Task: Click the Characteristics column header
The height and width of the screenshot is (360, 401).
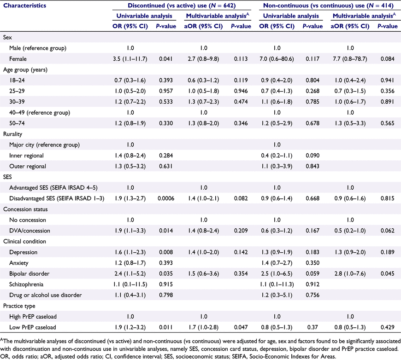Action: [x=24, y=6]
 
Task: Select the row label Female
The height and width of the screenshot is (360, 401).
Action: [x=18, y=59]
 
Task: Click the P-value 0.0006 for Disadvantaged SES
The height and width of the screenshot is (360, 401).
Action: [x=166, y=198]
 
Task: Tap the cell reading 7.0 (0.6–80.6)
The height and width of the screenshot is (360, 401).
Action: [x=277, y=59]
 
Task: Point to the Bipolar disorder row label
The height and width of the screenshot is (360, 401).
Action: [x=29, y=273]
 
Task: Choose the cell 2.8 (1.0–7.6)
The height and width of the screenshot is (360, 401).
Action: [x=350, y=273]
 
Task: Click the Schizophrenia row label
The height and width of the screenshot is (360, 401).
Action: [x=26, y=285]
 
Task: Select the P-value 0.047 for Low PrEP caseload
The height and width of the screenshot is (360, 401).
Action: [x=241, y=327]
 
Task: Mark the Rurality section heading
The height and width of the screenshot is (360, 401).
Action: [x=12, y=134]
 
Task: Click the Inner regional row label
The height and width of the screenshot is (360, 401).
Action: [x=26, y=155]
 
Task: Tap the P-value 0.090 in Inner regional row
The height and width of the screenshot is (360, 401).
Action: [x=313, y=155]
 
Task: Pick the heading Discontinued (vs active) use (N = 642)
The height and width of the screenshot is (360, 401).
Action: [x=182, y=6]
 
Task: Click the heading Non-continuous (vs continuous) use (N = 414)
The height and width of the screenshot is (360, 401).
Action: [x=328, y=6]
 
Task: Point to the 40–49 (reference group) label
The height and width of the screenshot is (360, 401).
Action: [x=40, y=112]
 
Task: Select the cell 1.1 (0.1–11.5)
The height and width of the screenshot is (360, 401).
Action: [x=130, y=285]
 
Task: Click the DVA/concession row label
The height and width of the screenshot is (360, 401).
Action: [x=29, y=231]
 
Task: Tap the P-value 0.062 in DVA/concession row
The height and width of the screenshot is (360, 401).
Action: [x=388, y=231]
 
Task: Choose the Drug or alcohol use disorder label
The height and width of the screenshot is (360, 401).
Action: [x=46, y=295]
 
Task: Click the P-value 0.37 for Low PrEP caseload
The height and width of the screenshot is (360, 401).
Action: [x=313, y=327]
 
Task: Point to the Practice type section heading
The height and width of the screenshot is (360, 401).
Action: [x=19, y=306]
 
